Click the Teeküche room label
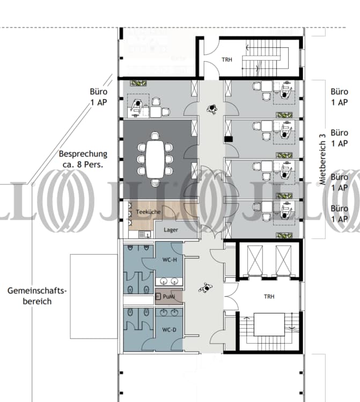(148, 212)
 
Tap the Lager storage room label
(171, 230)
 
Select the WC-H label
(170, 260)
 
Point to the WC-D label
(170, 330)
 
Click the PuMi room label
(168, 296)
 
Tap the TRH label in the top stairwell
(227, 59)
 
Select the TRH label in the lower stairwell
(269, 296)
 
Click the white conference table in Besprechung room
(155, 159)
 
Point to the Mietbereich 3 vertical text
(322, 159)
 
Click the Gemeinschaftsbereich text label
(37, 296)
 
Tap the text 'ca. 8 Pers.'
(83, 165)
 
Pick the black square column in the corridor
(229, 139)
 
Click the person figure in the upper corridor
(212, 109)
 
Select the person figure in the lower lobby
(206, 288)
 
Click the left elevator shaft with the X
(255, 260)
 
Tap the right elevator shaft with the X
(283, 260)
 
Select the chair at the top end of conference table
(155, 136)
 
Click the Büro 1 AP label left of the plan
(99, 97)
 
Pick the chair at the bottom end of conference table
(155, 182)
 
